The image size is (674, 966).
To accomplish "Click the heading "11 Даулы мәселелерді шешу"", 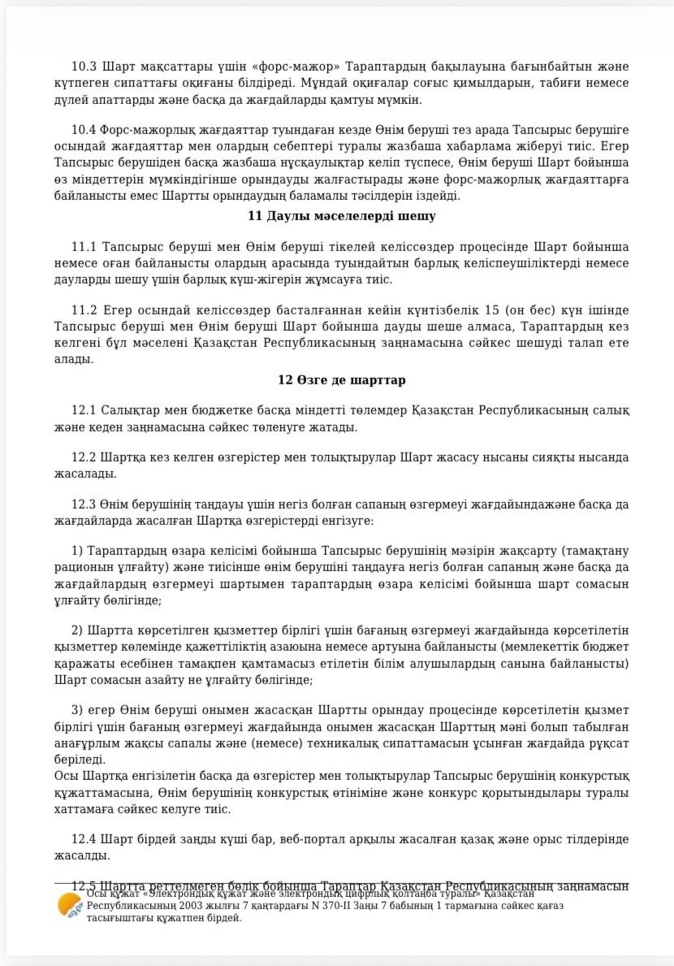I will point(341,216).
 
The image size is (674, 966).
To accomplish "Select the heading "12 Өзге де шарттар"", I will point(341,380).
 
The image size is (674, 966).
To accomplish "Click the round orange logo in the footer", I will point(69,905).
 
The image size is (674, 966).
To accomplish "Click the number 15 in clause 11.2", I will point(490,310).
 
